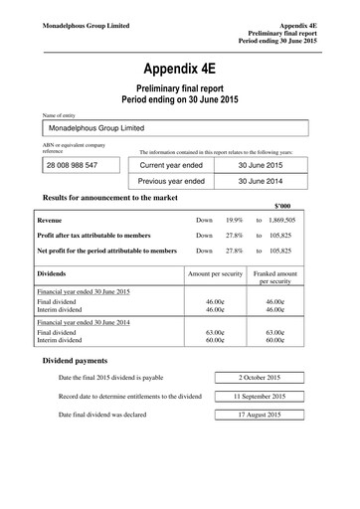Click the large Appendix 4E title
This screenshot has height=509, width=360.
point(179,70)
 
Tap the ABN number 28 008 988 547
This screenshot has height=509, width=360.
point(70,164)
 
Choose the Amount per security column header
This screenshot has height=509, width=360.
point(214,270)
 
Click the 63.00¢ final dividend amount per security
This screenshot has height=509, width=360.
point(214,333)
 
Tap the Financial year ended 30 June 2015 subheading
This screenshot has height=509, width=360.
point(84,293)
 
